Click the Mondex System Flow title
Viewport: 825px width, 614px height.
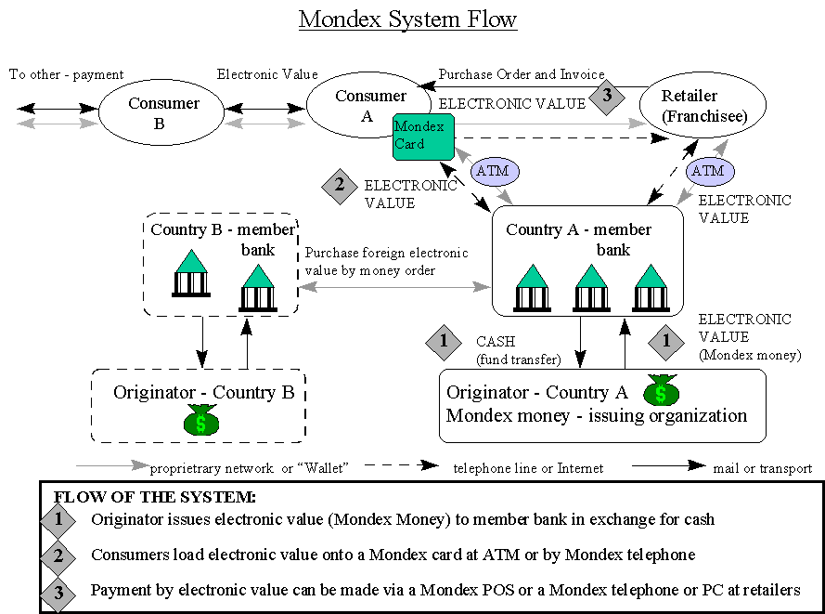(x=407, y=20)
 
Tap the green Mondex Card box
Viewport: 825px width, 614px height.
(x=422, y=136)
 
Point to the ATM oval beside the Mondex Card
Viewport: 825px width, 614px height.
(x=496, y=171)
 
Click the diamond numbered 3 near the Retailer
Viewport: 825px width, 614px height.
(x=607, y=96)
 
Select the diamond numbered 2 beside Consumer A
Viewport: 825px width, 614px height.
(x=340, y=185)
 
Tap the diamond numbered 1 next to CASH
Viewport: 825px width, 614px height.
(x=444, y=341)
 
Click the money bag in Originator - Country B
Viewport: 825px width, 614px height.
(x=200, y=420)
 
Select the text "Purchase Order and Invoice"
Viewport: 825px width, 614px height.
(x=522, y=74)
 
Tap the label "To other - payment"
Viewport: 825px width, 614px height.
(x=66, y=74)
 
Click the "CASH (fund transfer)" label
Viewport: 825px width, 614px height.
(x=518, y=350)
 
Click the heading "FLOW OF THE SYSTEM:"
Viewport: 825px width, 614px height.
(x=154, y=497)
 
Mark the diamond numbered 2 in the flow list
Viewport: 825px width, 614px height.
(x=58, y=555)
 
